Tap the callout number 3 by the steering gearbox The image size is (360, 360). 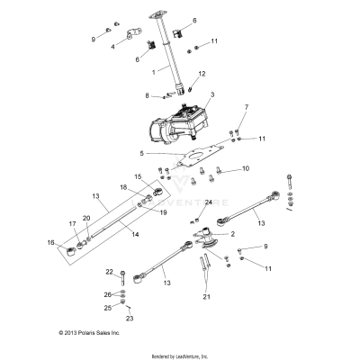pyautogui.click(x=211, y=94)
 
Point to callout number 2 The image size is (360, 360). pyautogui.click(x=232, y=234)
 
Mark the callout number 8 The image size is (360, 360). pyautogui.click(x=146, y=94)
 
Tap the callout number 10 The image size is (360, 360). pyautogui.click(x=246, y=168)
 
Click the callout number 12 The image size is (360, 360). pyautogui.click(x=202, y=74)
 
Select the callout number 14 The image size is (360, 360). pyautogui.click(x=136, y=234)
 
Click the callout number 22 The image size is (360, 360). pyautogui.click(x=110, y=271)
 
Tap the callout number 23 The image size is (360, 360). pyautogui.click(x=129, y=318)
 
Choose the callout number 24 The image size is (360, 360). pyautogui.click(x=208, y=202)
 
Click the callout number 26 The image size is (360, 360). pyautogui.click(x=108, y=294)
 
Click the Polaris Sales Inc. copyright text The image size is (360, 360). pyautogui.click(x=89, y=332)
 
